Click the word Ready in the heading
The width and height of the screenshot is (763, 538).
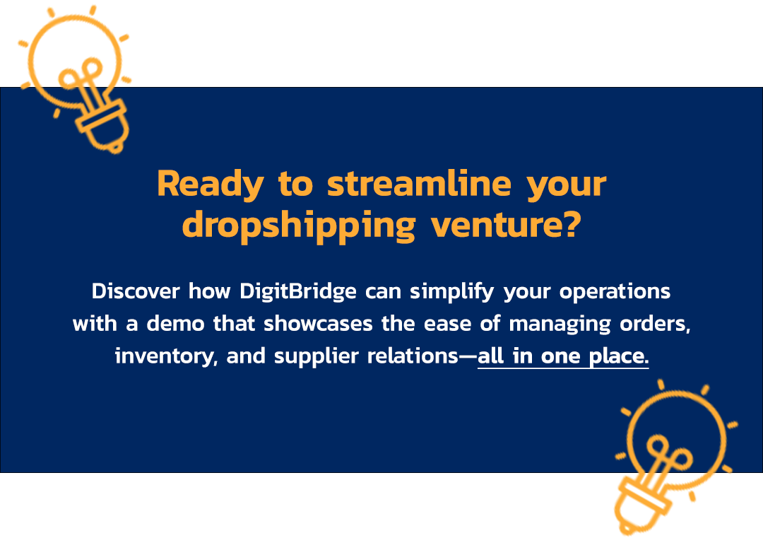point(211,184)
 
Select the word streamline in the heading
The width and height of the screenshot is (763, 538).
point(419,183)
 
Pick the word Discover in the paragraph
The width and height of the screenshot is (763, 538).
point(136,291)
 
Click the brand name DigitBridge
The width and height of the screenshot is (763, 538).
point(298,292)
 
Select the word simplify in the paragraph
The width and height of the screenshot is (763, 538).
point(452,292)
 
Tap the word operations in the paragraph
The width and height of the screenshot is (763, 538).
point(615,292)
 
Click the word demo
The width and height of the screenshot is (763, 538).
point(175,324)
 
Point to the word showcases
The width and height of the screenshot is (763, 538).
point(318,324)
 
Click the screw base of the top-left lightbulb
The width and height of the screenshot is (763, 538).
point(104,127)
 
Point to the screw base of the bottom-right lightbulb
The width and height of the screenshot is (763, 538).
point(642,506)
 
